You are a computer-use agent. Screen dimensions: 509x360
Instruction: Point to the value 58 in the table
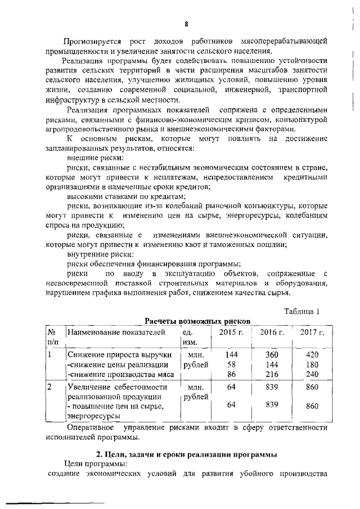point(231,364)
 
